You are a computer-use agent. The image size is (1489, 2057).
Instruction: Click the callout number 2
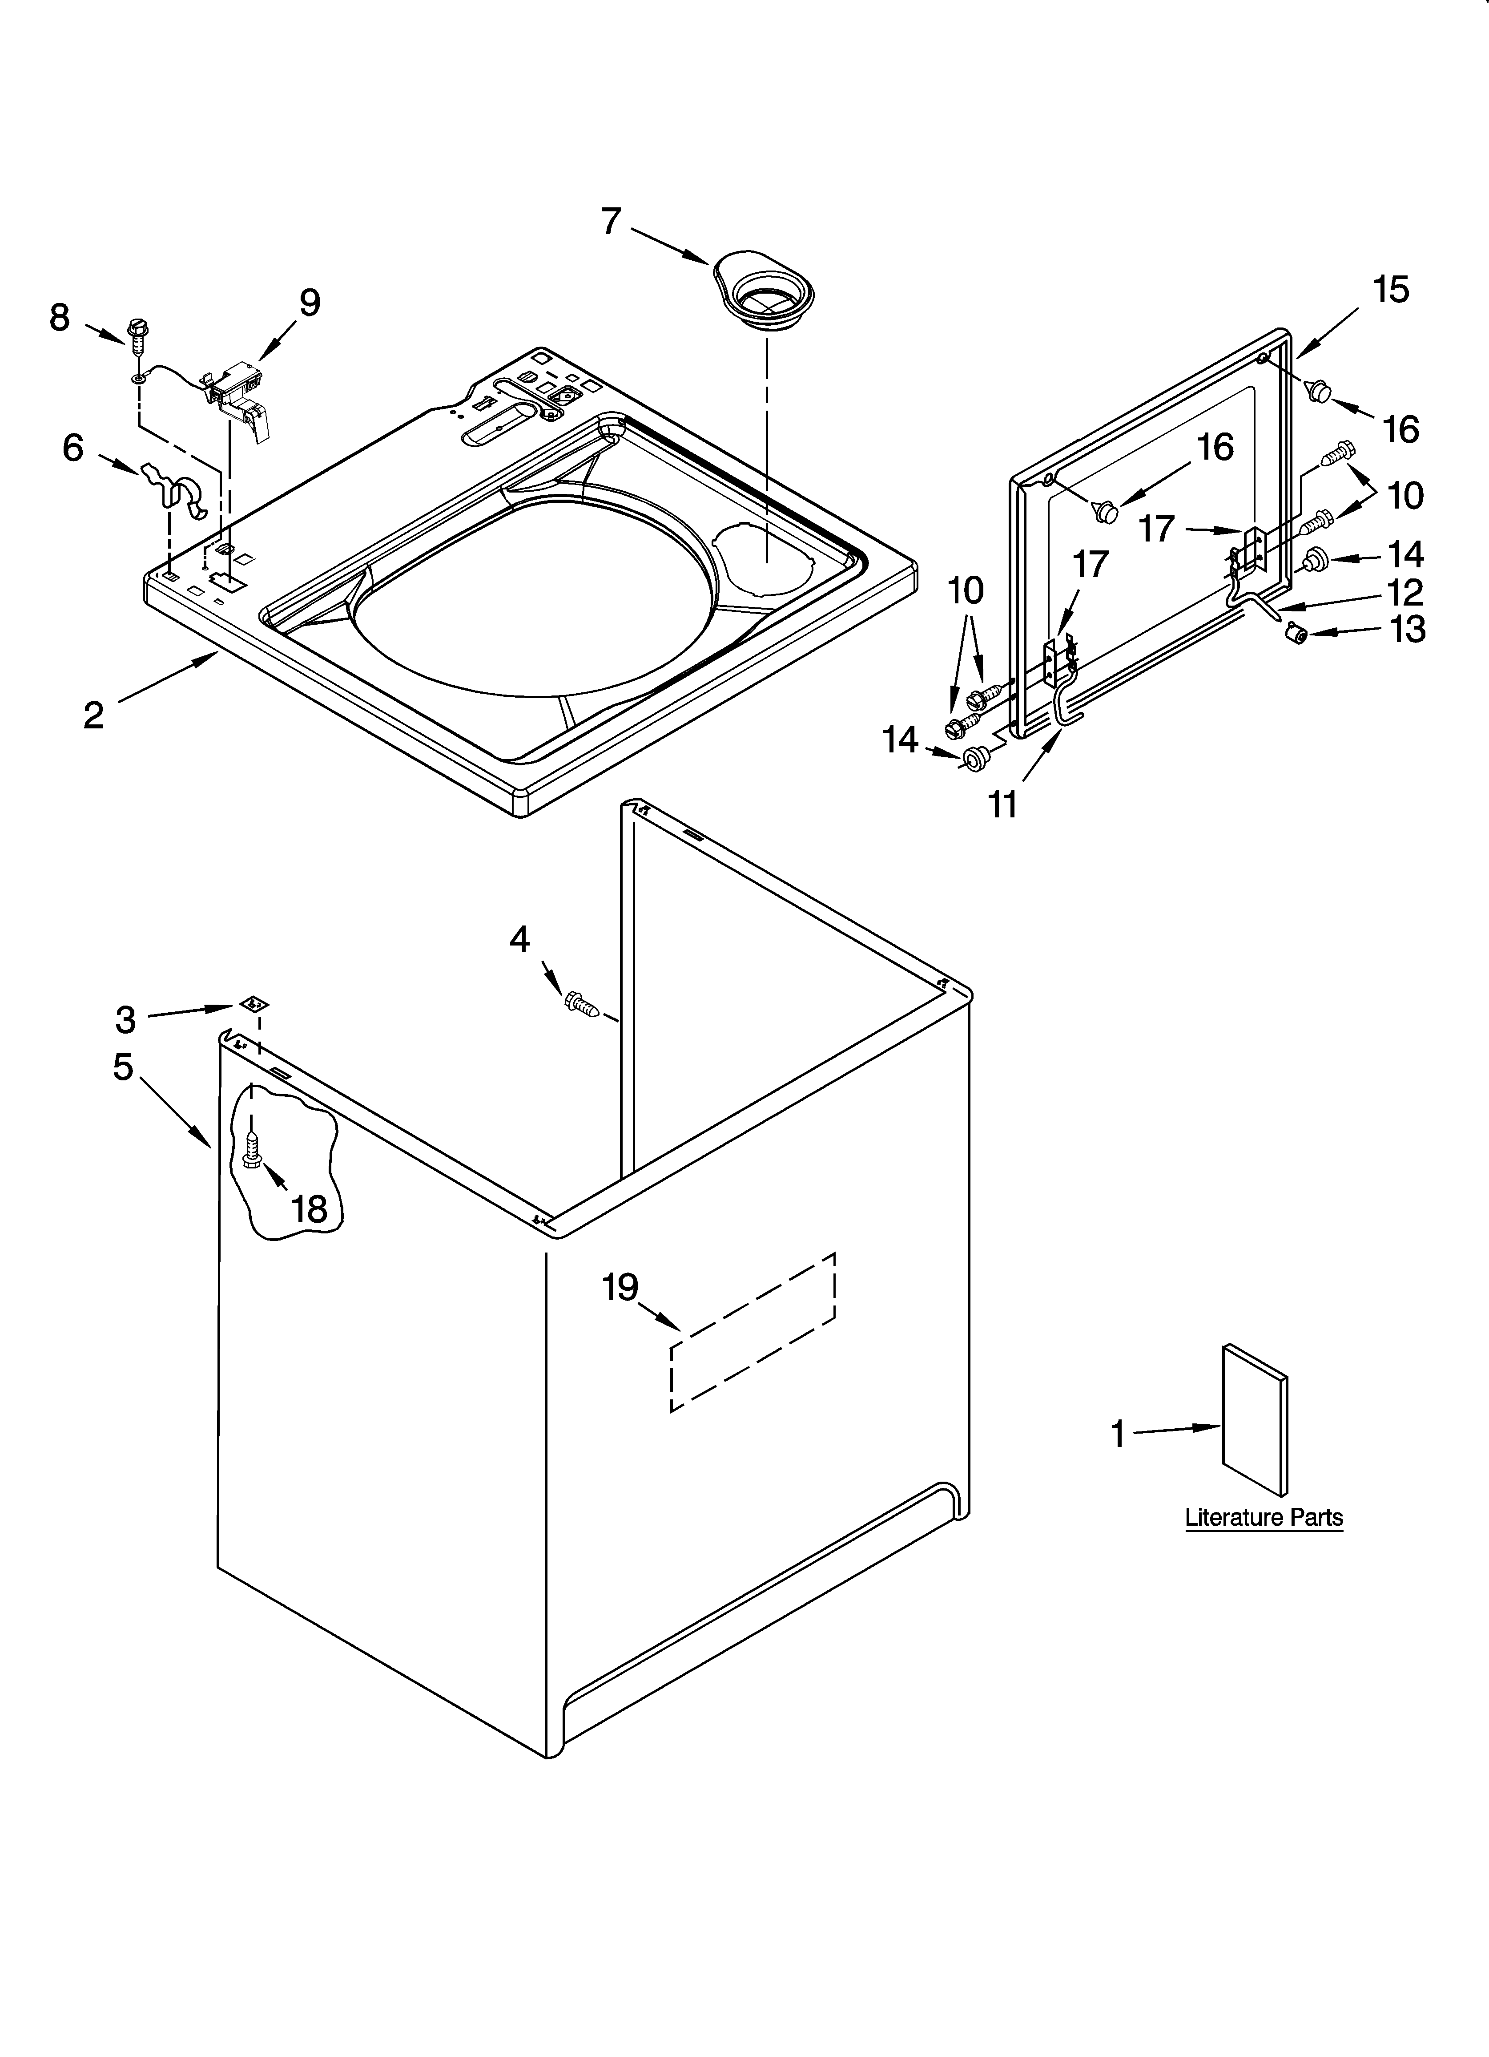(x=93, y=715)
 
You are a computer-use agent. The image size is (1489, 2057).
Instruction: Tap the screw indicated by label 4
(x=580, y=1003)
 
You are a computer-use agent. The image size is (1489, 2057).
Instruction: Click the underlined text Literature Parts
(x=1263, y=1517)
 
